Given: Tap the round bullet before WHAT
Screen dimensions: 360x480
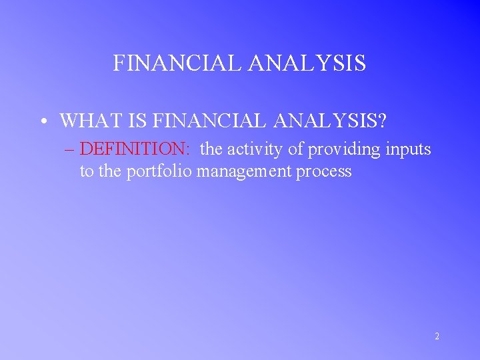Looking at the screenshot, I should tap(42, 121).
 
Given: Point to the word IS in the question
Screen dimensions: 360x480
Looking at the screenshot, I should tap(137, 121).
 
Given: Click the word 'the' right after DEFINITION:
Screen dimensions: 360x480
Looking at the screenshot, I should tap(212, 149).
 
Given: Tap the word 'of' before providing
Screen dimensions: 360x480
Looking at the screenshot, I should tap(295, 149).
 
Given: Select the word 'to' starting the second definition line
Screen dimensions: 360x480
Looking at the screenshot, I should tap(87, 171).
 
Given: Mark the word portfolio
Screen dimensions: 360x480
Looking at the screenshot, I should tap(159, 171).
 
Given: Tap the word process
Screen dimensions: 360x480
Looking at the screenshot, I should tap(323, 172).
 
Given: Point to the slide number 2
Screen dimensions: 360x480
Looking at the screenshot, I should tap(437, 337).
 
